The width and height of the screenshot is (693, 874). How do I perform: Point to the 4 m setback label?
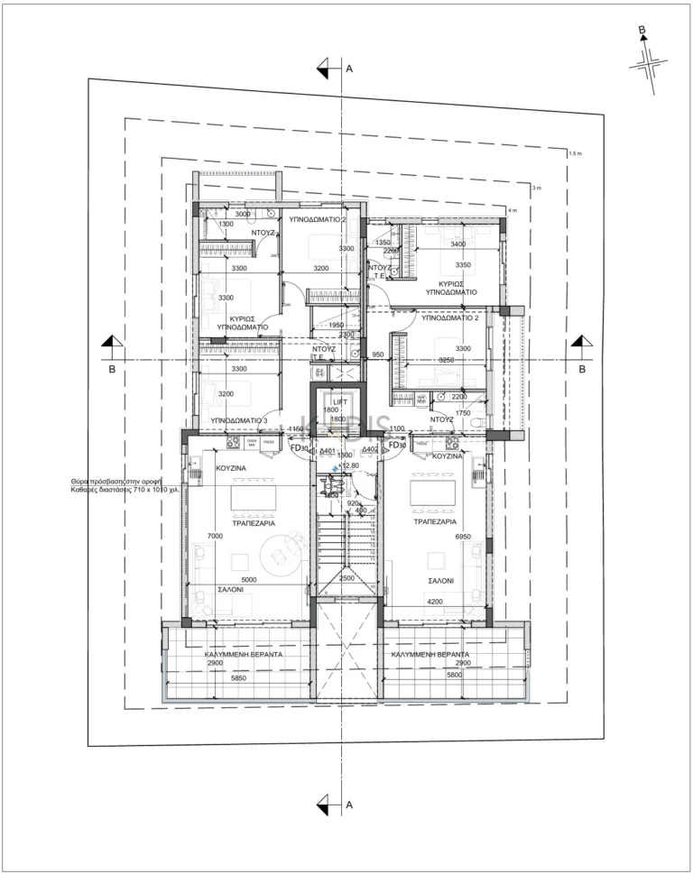tap(513, 210)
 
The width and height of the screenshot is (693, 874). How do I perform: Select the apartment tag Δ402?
tap(369, 449)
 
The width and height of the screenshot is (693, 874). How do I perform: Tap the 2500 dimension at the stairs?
tap(347, 577)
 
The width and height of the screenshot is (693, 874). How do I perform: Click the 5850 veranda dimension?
tap(213, 678)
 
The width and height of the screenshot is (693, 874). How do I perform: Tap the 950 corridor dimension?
tap(378, 355)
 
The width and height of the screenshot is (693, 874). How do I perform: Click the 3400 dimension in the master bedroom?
tap(457, 244)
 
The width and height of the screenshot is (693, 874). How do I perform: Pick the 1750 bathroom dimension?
tap(462, 413)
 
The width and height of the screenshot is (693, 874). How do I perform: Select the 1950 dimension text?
tap(336, 325)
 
